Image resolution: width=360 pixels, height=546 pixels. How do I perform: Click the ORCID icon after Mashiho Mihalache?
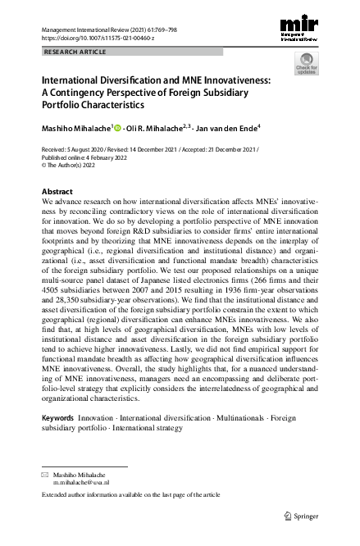click(x=118, y=128)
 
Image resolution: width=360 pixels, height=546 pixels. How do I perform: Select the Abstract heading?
click(x=57, y=191)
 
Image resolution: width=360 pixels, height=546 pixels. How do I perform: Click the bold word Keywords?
click(x=57, y=418)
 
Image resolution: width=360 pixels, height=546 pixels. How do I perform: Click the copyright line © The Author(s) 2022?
click(x=75, y=165)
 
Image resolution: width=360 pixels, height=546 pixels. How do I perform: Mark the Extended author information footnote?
click(x=130, y=495)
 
